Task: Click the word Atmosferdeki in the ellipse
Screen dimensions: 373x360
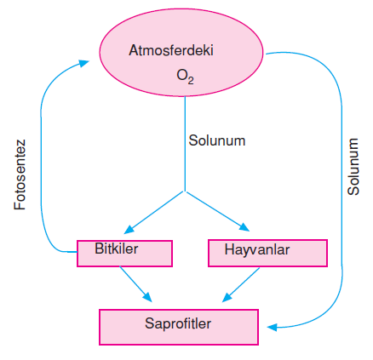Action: (171, 50)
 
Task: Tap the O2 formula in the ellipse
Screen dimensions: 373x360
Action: (185, 77)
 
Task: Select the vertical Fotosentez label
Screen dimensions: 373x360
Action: (20, 174)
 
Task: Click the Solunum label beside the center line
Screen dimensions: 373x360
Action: (217, 140)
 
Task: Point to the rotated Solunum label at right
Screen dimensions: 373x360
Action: (353, 167)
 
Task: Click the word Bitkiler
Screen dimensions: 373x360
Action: (117, 249)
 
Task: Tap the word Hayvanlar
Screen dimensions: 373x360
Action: (257, 250)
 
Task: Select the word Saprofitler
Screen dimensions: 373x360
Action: (178, 323)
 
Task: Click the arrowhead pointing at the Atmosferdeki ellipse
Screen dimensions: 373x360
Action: (84, 63)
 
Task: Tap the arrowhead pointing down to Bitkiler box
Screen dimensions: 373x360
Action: (129, 229)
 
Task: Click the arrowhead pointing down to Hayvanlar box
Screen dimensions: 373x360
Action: (244, 227)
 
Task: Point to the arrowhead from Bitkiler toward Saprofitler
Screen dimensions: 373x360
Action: (147, 297)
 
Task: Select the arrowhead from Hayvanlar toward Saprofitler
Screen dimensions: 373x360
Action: (227, 297)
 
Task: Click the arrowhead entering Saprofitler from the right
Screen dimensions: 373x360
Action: (272, 328)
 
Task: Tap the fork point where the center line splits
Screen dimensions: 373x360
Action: (185, 191)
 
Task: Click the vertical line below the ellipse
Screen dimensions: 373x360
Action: (185, 144)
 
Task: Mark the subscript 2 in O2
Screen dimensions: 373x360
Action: (191, 81)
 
